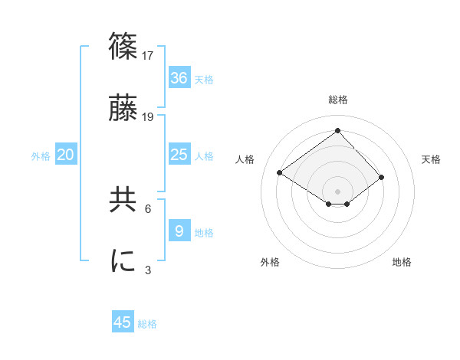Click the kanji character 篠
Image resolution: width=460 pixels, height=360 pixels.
coord(124,45)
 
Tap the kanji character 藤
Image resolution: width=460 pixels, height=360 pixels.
coord(124,109)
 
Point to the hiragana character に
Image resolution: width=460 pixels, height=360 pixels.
coord(124,260)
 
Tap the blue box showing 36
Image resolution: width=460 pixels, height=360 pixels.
coord(179,77)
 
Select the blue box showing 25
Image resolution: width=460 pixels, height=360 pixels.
coord(179,155)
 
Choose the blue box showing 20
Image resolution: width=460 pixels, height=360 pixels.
coord(66,155)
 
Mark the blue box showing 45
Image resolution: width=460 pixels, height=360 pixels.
coord(123,322)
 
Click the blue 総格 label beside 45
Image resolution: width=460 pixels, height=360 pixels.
coord(147,324)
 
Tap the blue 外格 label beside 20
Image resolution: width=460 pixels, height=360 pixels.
coord(41,156)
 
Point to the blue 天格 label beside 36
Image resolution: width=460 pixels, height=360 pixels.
coord(204,79)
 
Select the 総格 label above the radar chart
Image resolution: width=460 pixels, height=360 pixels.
coord(337,100)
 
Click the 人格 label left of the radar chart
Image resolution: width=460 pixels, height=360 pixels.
coord(245,159)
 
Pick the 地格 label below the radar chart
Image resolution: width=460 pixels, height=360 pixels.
coord(402,262)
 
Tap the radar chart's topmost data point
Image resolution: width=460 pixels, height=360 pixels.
coord(337,130)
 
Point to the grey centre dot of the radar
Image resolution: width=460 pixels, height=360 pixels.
coord(337,191)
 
